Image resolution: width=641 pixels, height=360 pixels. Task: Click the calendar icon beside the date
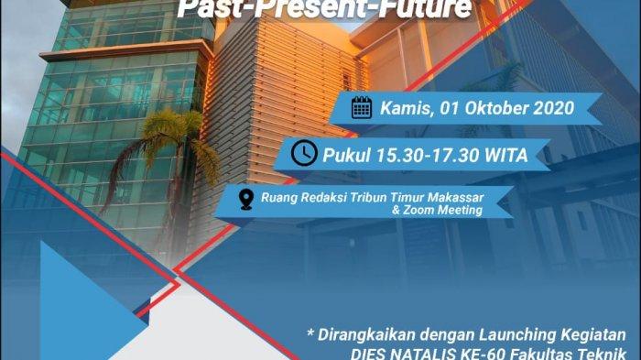coord(362,108)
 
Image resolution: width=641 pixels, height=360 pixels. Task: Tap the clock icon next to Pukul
coord(304,153)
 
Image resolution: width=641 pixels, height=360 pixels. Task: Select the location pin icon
coord(246,200)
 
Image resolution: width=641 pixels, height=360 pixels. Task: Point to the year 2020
coord(554,108)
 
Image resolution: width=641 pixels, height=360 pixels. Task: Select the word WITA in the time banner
coord(506,156)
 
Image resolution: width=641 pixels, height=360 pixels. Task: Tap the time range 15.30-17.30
coord(428,156)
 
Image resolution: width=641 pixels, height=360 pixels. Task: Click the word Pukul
coord(347,156)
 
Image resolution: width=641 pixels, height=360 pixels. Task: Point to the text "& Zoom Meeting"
coord(438,211)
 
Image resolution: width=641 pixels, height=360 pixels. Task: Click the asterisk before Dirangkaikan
coord(310,333)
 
